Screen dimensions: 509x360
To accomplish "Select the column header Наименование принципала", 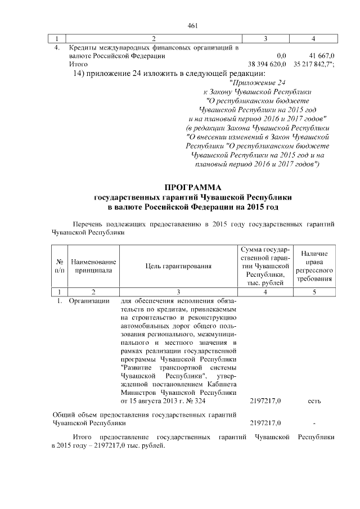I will point(93,266).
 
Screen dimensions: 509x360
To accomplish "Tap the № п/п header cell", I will point(59,266).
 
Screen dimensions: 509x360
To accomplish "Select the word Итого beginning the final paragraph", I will point(83,437).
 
